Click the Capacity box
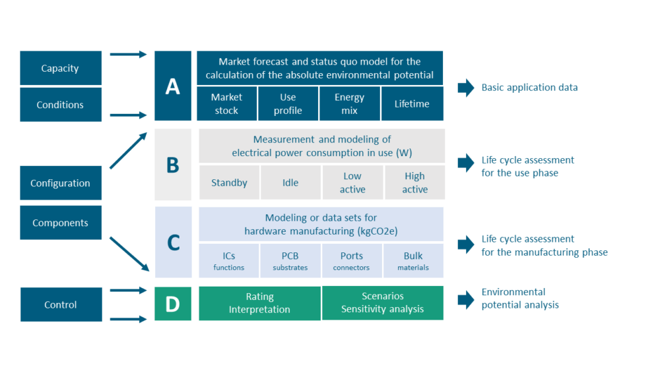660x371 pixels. point(60,68)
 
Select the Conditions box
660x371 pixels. point(60,105)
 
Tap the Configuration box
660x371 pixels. point(60,183)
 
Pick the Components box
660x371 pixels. point(60,223)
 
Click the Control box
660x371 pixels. point(61,304)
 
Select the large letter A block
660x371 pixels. point(173,86)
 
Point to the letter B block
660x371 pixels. point(173,165)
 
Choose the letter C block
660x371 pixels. point(173,243)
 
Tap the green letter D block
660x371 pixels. point(173,304)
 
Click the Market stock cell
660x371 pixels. point(226,104)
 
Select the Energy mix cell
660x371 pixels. point(349,104)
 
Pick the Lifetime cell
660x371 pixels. point(412,104)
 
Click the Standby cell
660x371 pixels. point(229,183)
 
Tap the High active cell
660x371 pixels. point(414,183)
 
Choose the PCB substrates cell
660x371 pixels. point(290,261)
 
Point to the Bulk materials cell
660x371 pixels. point(413,261)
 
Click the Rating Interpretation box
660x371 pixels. point(259,303)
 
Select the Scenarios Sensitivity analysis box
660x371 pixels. point(383,303)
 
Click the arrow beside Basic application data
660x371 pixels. point(466,88)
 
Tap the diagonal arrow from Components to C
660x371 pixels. point(129,254)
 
